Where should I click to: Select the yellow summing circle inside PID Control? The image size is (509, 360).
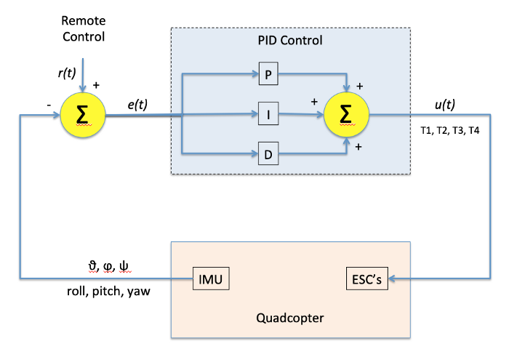(343, 114)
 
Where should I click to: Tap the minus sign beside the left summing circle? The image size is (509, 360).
(48, 105)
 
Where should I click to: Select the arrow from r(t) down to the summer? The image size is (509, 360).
(84, 76)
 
